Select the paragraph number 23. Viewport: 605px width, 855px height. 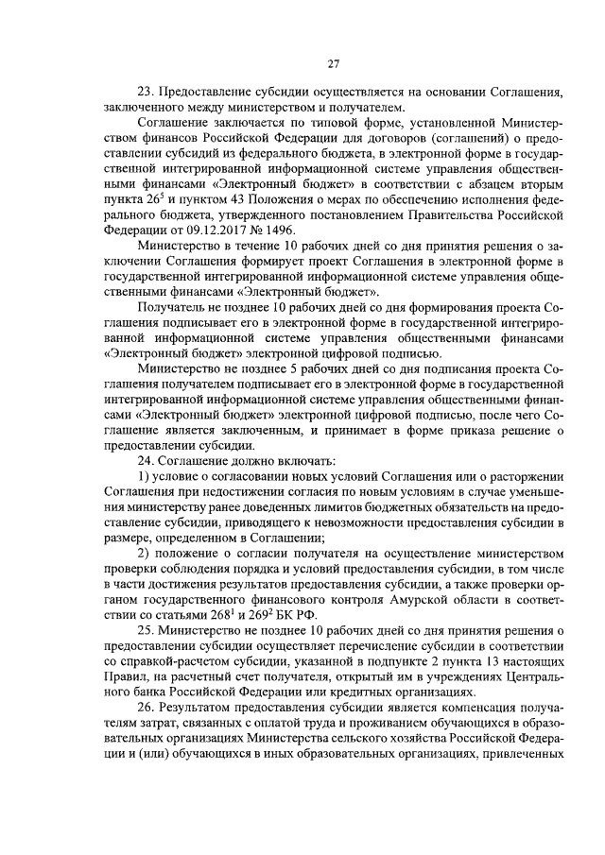pyautogui.click(x=147, y=94)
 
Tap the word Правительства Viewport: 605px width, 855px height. pyautogui.click(x=457, y=215)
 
